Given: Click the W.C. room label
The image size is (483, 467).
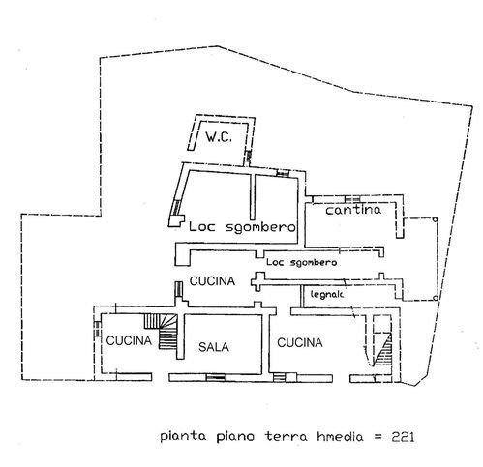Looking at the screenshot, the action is [x=219, y=137].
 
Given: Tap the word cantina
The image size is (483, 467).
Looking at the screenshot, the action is [x=353, y=210].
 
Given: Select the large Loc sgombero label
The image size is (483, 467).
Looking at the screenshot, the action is [x=242, y=227].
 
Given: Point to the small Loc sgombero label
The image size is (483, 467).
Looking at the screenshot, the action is [x=301, y=262].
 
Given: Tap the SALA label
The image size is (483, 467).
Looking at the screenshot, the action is [x=214, y=347].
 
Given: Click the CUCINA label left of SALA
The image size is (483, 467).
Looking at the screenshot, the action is [x=129, y=340].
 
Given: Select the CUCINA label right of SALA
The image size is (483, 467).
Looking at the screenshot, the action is [x=300, y=342].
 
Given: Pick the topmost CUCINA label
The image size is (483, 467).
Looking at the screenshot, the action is [x=212, y=281].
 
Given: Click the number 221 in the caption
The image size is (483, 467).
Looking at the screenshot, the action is [x=403, y=437].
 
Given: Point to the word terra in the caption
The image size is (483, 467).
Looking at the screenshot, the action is [x=287, y=437].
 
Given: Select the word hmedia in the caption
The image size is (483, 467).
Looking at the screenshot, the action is [x=340, y=437].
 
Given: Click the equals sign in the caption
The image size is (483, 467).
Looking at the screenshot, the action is [x=377, y=437].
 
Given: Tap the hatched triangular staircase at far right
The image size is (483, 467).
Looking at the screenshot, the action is [x=382, y=350].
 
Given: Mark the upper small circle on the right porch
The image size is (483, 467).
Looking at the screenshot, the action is [x=435, y=219].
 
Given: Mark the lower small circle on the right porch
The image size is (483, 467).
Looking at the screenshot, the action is [x=435, y=298].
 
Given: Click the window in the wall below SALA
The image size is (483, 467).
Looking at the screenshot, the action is [x=216, y=377].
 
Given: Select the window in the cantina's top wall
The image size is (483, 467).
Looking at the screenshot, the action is [x=352, y=199].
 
